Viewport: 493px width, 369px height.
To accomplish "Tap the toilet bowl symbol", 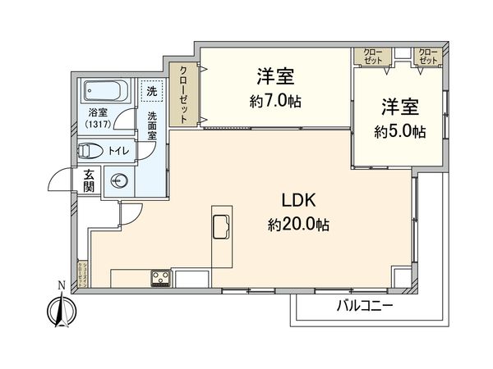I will (x=90, y=151).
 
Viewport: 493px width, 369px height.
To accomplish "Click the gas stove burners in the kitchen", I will (x=160, y=277).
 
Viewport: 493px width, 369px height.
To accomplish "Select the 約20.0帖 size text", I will (x=297, y=224).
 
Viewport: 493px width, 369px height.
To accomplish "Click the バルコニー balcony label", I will (x=365, y=307).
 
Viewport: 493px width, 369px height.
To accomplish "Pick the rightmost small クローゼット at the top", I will (x=428, y=57).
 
